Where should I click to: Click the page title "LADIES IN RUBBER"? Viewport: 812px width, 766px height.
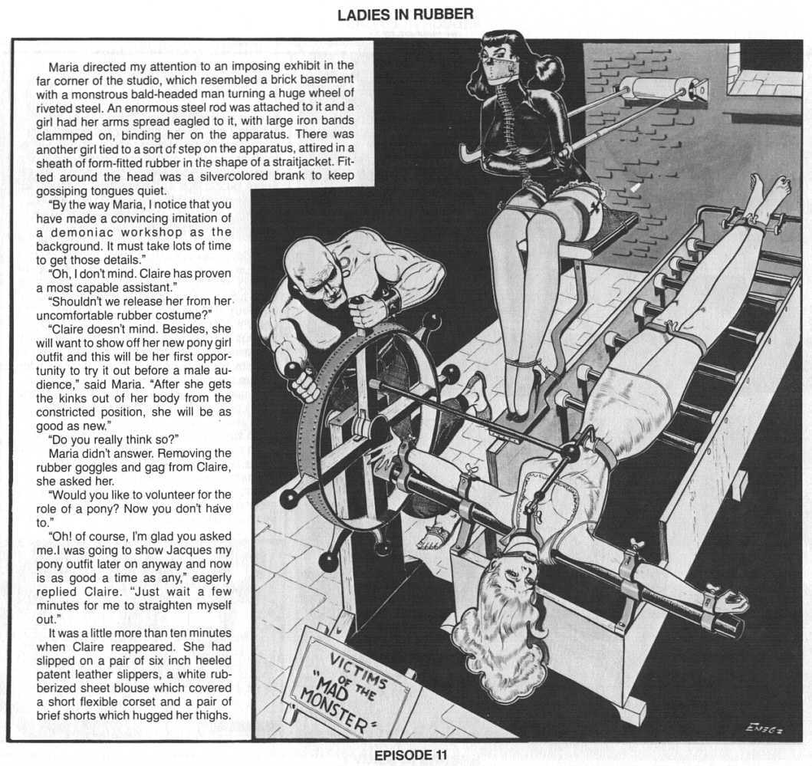pyautogui.click(x=406, y=14)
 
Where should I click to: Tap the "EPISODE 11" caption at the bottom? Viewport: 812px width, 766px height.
pyautogui.click(x=406, y=754)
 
